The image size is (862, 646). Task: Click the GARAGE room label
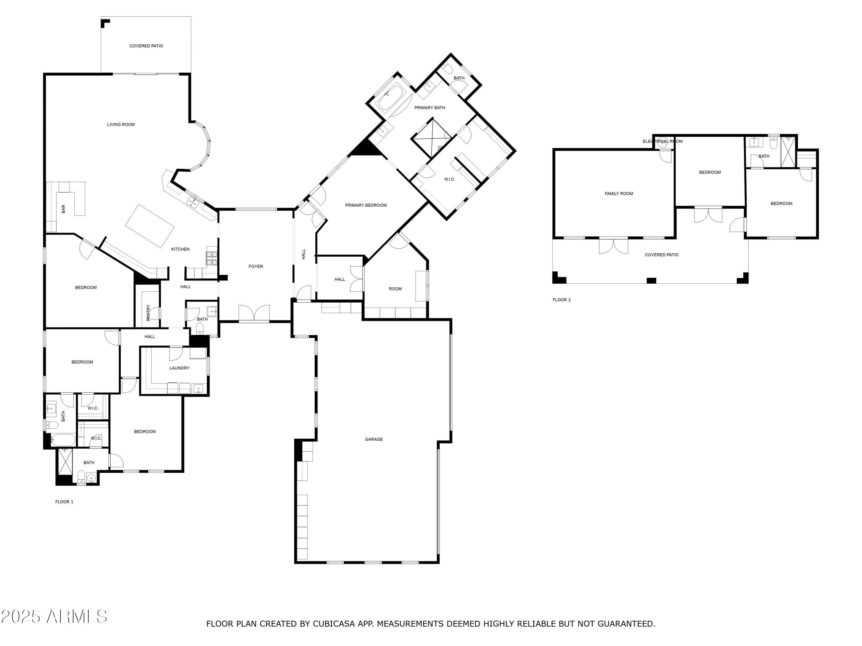point(374,439)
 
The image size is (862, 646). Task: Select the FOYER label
point(256,266)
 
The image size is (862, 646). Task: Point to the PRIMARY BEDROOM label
point(366,205)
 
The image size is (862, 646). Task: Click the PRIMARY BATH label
point(430,107)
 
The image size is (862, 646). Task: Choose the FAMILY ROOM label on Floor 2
point(619,194)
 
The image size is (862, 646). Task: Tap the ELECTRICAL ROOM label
point(663,141)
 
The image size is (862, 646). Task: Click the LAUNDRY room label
point(179,368)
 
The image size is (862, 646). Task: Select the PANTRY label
point(148,313)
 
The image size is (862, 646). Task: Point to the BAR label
point(63,209)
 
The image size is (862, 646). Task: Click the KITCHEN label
point(180,249)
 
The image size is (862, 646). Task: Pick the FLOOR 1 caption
point(64,502)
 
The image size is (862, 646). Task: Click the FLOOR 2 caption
point(561,300)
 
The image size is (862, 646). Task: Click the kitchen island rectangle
point(150,226)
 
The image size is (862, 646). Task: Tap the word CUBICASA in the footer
point(334,624)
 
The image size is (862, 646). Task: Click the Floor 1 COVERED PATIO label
point(146,46)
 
